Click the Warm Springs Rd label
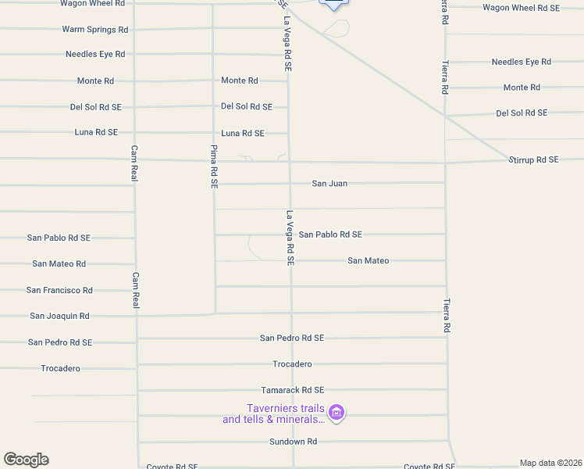95,30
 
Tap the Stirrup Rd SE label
534,159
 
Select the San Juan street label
329,183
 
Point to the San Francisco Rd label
59,290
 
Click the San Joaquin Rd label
59,316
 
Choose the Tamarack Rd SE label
292,389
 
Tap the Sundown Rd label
293,441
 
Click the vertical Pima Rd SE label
213,166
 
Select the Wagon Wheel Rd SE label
521,8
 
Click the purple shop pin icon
337,412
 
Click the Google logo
26,460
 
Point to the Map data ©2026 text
550,462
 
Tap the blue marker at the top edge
333,4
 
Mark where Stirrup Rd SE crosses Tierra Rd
445,163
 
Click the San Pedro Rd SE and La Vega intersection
292,338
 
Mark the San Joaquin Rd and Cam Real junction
137,316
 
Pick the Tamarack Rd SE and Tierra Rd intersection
447,389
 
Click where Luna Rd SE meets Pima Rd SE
214,133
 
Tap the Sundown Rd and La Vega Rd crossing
293,441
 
